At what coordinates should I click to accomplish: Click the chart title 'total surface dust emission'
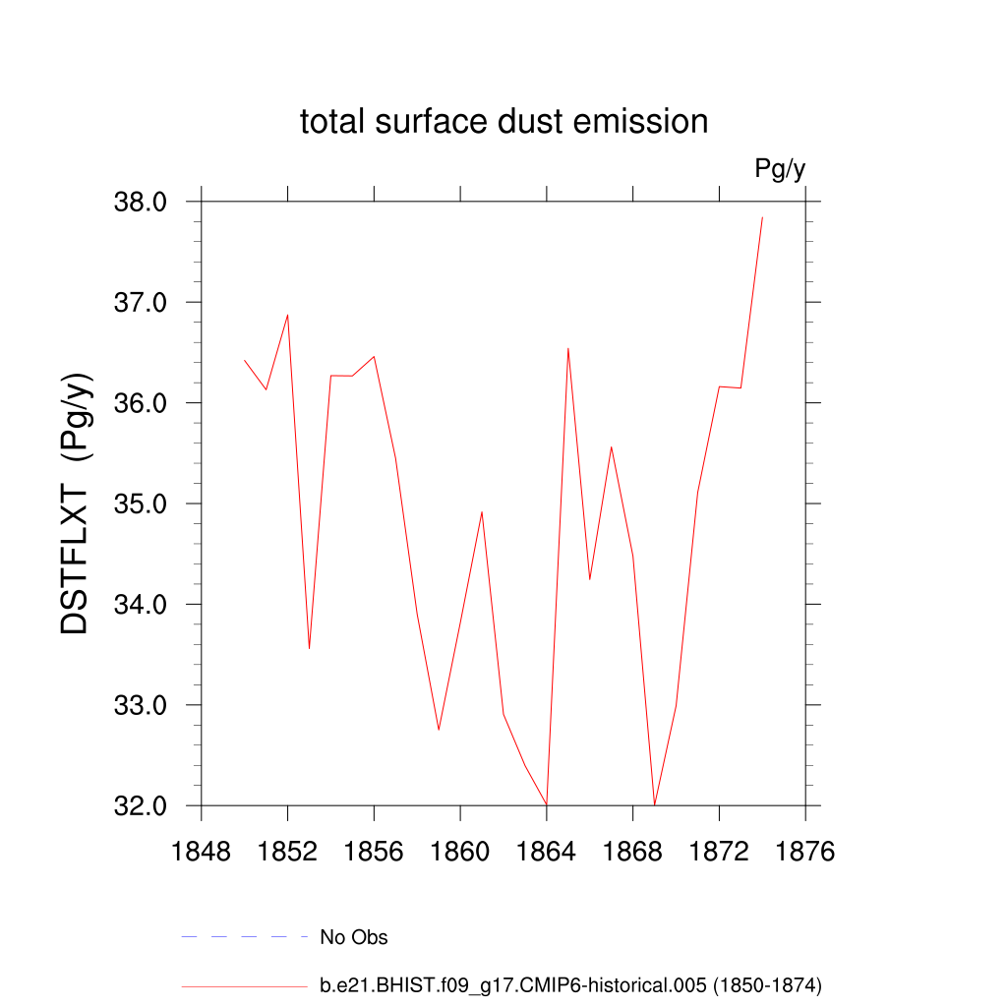pyautogui.click(x=503, y=122)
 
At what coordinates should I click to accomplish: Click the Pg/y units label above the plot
pyautogui.click(x=780, y=169)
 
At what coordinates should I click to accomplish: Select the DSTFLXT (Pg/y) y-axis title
pyautogui.click(x=76, y=503)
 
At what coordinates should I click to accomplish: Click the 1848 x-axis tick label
pyautogui.click(x=202, y=852)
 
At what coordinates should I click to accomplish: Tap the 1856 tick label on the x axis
pyautogui.click(x=374, y=852)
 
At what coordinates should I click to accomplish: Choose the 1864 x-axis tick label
pyautogui.click(x=547, y=852)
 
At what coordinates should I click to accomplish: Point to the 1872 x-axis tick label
pyautogui.click(x=719, y=852)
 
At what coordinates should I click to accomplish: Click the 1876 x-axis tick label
pyautogui.click(x=805, y=852)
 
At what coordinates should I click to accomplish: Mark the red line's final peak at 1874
pyautogui.click(x=762, y=217)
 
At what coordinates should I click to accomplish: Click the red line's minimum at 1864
pyautogui.click(x=547, y=804)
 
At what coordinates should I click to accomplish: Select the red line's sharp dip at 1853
pyautogui.click(x=309, y=648)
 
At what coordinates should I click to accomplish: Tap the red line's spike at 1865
pyautogui.click(x=568, y=348)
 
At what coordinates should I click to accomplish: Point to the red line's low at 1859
pyautogui.click(x=439, y=729)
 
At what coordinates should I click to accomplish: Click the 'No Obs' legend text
pyautogui.click(x=354, y=937)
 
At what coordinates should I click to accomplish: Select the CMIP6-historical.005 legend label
pyautogui.click(x=570, y=984)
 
